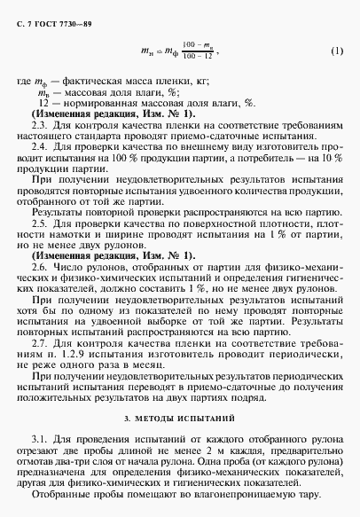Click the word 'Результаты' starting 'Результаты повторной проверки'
(x=55, y=214)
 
